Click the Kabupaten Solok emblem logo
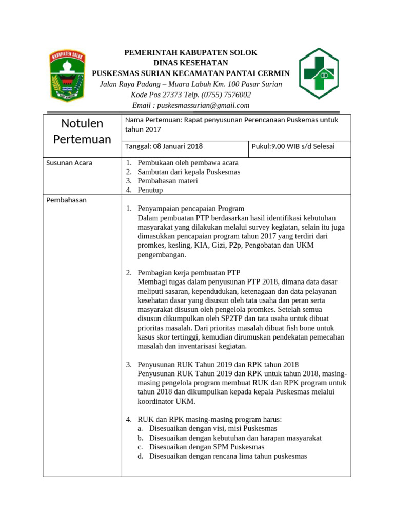pos(67,76)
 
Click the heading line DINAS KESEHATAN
pos(191,63)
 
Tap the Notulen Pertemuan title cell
pos(82,131)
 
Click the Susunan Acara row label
pos(69,163)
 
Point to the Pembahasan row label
pos(67,200)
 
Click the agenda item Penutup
pos(150,190)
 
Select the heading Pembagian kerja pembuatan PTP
pos(189,272)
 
